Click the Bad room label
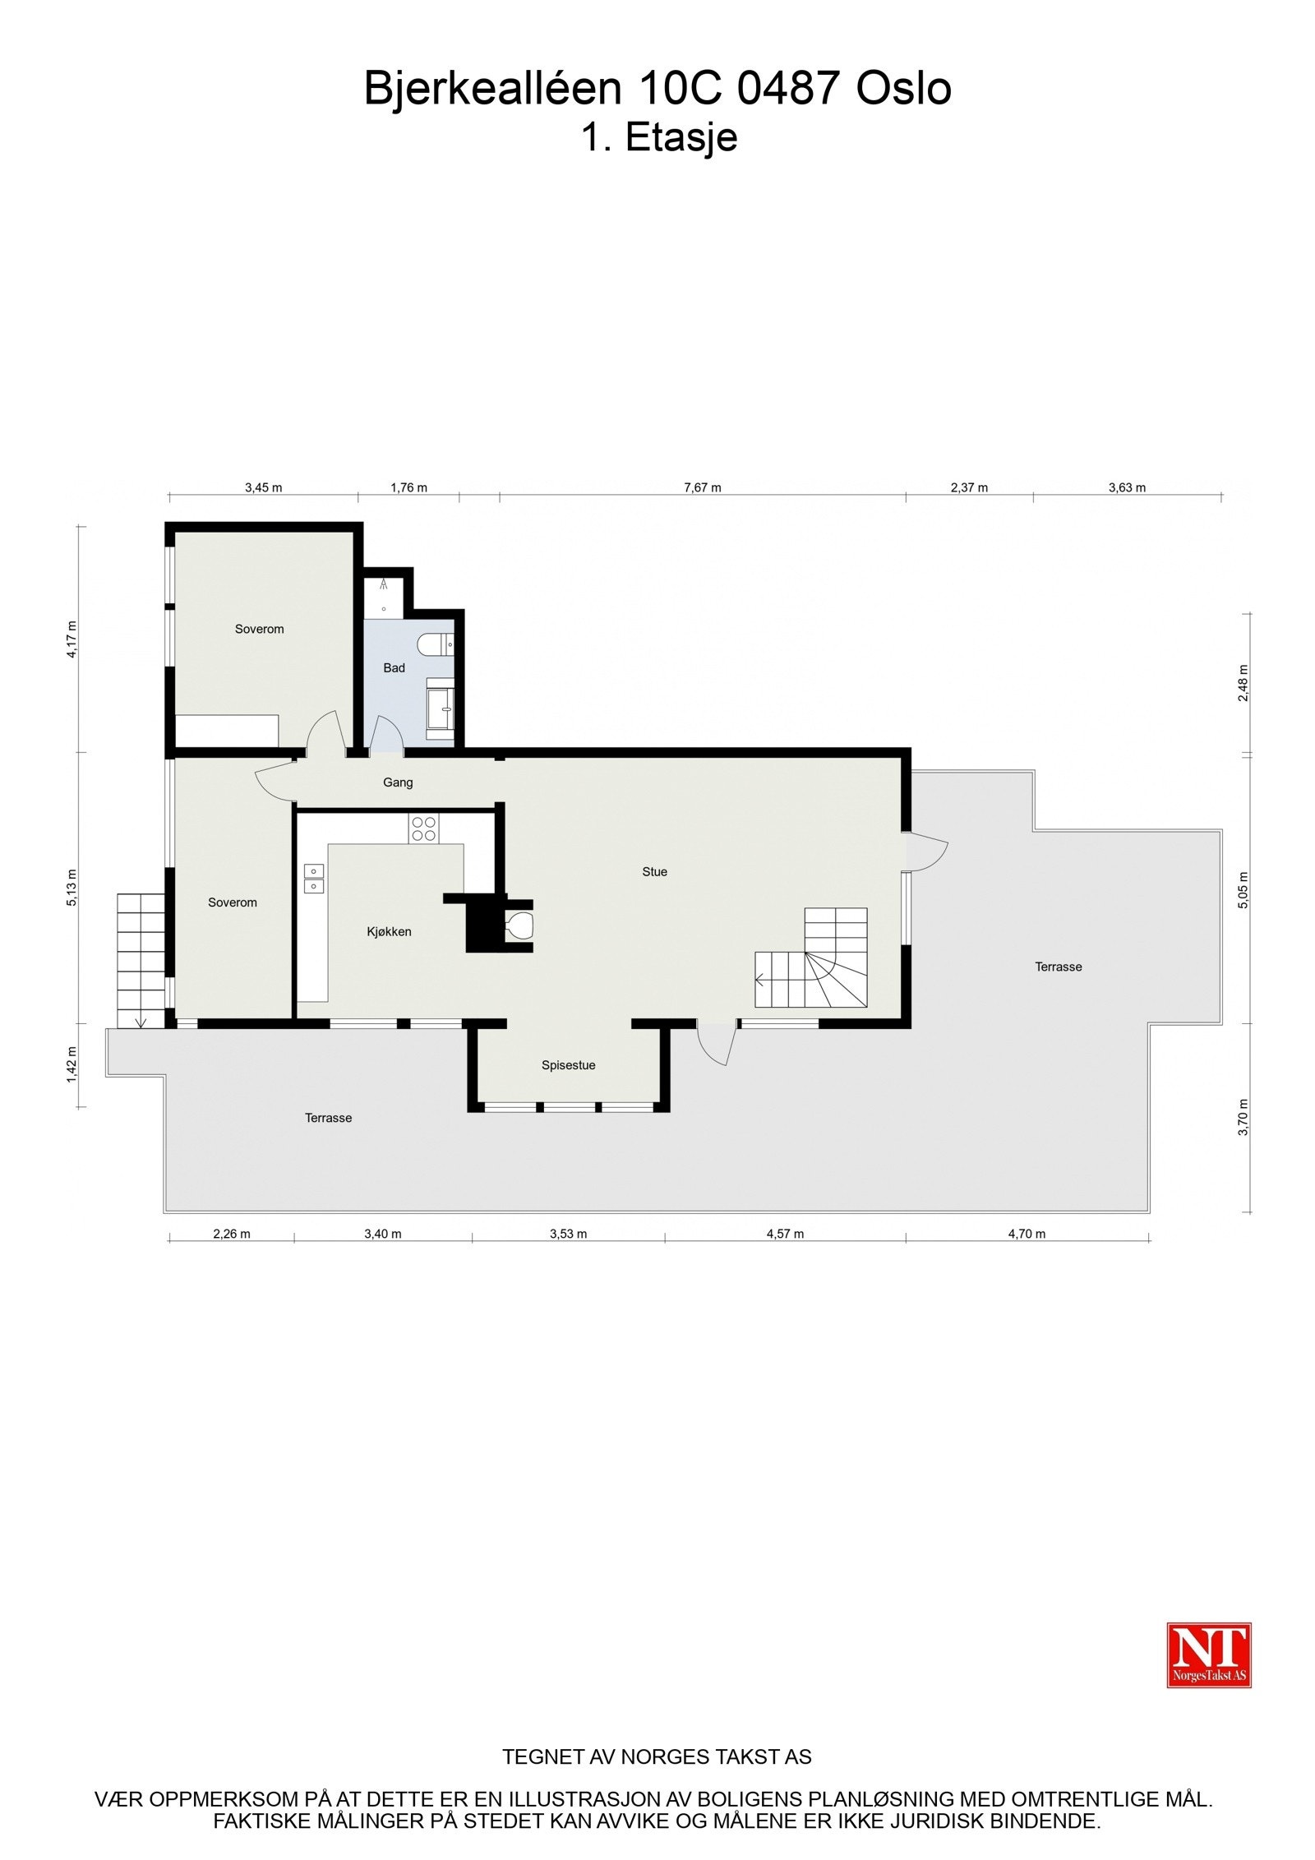point(394,668)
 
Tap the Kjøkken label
point(389,932)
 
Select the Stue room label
point(654,872)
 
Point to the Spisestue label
point(568,1065)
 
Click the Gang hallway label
point(398,782)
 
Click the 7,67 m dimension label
point(702,487)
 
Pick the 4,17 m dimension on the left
point(72,639)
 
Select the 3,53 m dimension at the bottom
point(568,1234)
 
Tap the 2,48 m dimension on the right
point(1243,682)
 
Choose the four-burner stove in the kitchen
point(424,828)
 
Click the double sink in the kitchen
point(313,878)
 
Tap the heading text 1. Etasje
point(659,137)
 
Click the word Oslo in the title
point(903,88)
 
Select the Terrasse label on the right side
point(1058,967)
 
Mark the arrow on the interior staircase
point(760,980)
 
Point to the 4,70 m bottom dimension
point(1027,1234)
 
